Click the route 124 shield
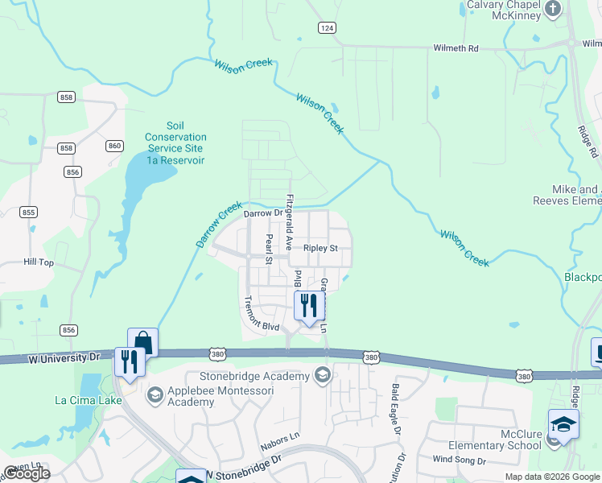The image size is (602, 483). pos(326,28)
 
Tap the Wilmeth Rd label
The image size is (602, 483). pos(456,48)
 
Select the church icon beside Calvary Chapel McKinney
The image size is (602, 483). pos(552,9)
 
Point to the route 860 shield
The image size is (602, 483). pos(114,146)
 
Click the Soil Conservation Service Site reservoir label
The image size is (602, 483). pos(175,143)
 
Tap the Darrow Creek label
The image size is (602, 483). pos(218,225)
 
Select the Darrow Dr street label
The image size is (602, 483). pos(264,213)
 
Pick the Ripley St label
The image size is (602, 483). pos(320,249)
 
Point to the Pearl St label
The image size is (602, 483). pos(269,250)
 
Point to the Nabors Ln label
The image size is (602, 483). pos(280,444)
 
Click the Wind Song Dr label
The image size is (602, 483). pos(460,460)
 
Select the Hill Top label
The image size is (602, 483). pos(39,262)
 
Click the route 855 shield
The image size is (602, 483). pos(29,212)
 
